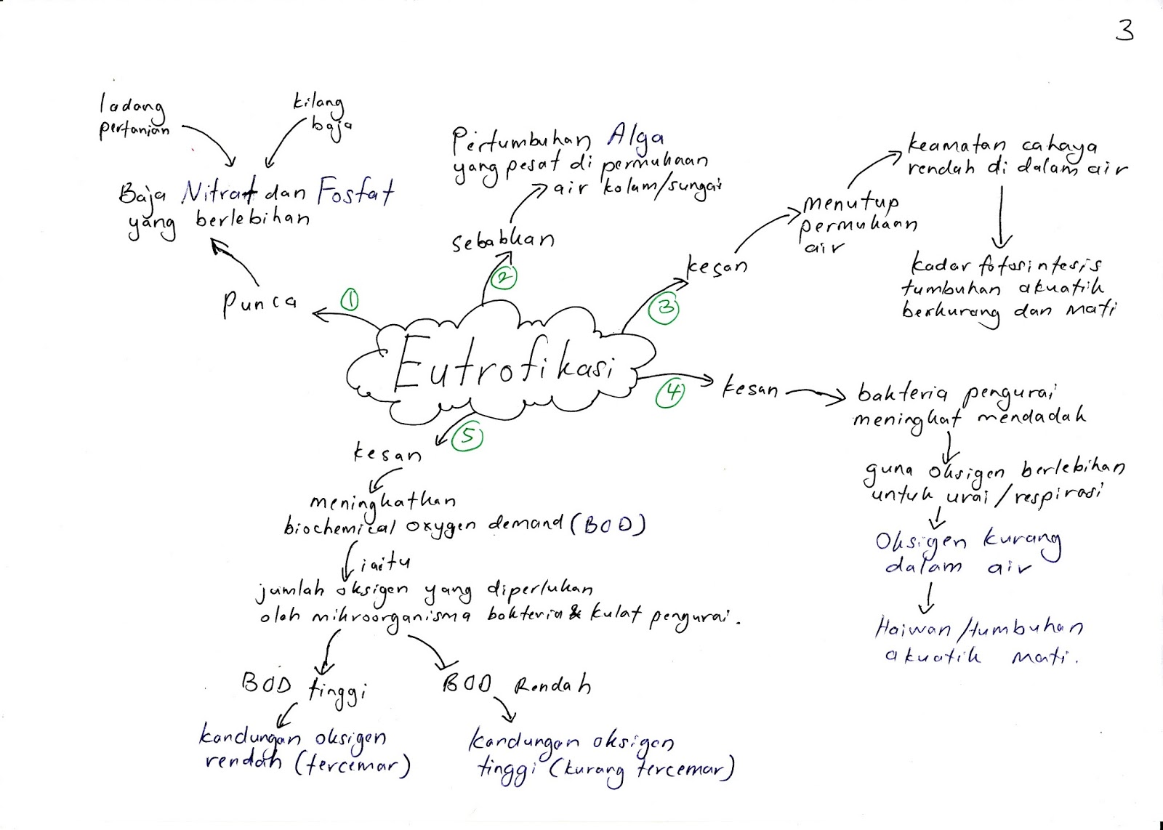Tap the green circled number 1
point(350,299)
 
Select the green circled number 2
point(504,277)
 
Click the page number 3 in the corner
point(1124,31)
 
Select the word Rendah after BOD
point(552,685)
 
